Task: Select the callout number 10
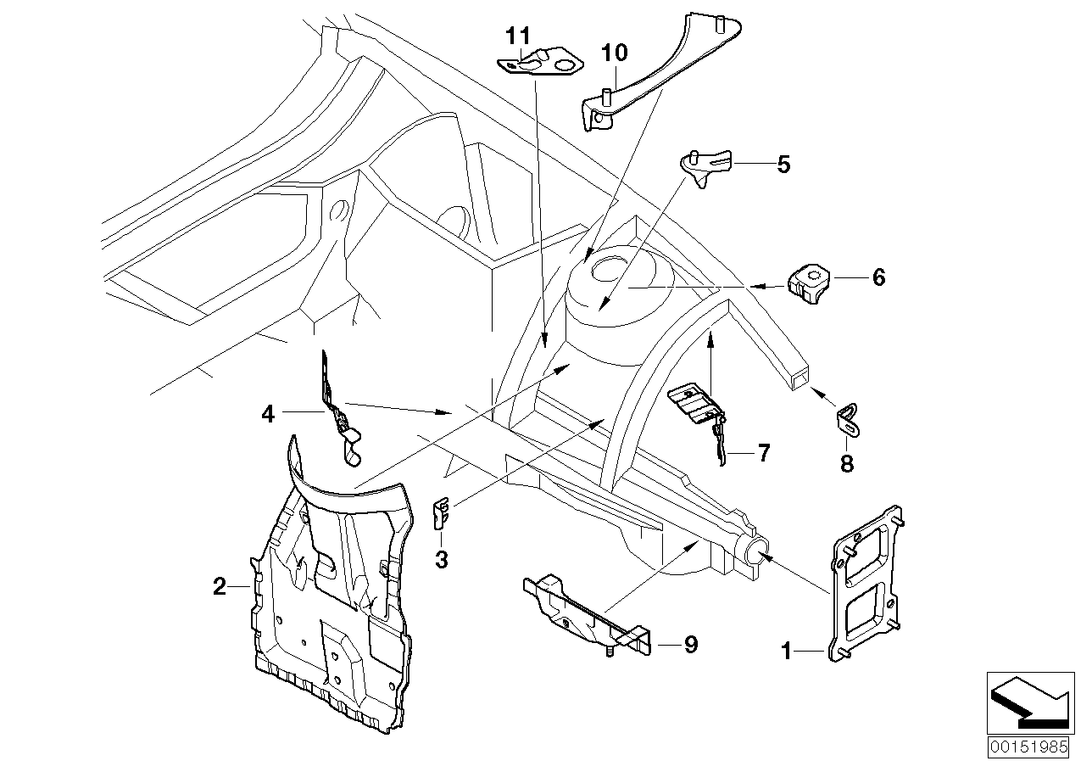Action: (615, 53)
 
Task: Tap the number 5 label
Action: (783, 164)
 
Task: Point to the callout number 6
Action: (877, 277)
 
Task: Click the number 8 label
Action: (847, 463)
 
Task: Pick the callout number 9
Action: (690, 646)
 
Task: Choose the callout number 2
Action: (220, 586)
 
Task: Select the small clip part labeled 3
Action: (441, 513)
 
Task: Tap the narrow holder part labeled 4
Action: (338, 406)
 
